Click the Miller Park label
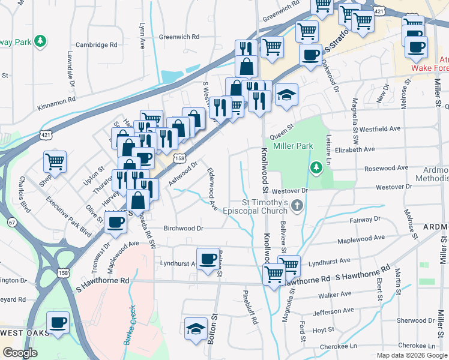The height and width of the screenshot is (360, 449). tap(293, 146)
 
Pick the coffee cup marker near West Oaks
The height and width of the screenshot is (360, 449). tap(58, 322)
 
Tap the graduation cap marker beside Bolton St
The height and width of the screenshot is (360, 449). tap(196, 329)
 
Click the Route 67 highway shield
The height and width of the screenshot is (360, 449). tap(13, 222)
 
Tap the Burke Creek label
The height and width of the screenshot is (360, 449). tap(129, 326)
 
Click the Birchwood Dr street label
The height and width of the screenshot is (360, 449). tap(184, 229)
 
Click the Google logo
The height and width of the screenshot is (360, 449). tap(20, 353)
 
